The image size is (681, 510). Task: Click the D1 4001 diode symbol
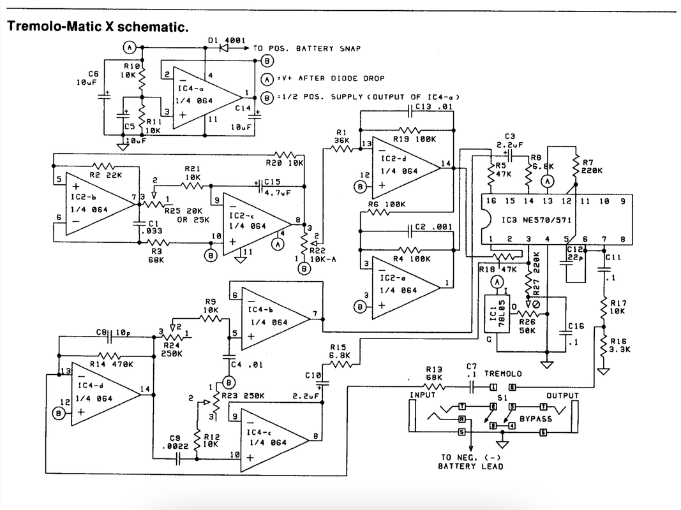224,47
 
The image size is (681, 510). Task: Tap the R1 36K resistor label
341,136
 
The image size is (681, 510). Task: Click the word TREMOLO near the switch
503,373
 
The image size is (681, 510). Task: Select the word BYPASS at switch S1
535,419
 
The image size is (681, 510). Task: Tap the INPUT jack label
422,395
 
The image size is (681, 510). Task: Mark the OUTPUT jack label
562,395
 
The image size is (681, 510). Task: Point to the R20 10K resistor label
285,163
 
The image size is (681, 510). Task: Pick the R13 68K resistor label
434,373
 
